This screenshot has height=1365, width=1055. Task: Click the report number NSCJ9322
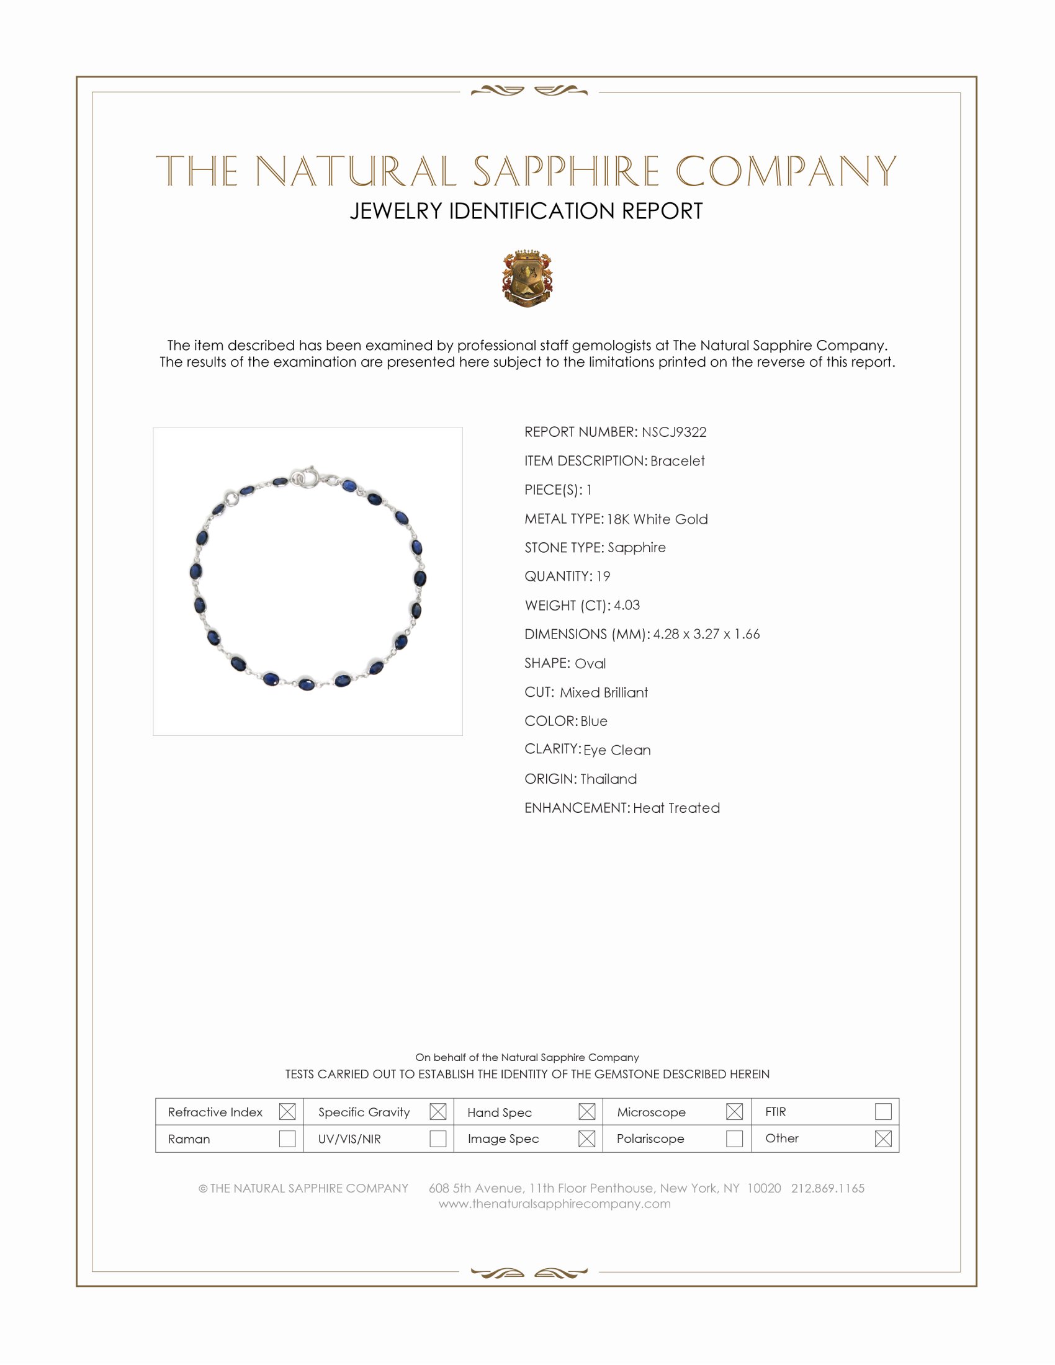pyautogui.click(x=674, y=432)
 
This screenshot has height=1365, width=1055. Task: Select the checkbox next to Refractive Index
pyautogui.click(x=287, y=1112)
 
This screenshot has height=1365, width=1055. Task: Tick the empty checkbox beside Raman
pyautogui.click(x=287, y=1139)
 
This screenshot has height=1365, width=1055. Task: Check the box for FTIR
pyautogui.click(x=882, y=1112)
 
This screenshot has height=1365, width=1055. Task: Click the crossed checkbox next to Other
pyautogui.click(x=882, y=1139)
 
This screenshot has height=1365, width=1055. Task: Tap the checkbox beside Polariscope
pyautogui.click(x=734, y=1139)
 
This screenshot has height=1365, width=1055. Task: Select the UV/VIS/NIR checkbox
pyautogui.click(x=438, y=1139)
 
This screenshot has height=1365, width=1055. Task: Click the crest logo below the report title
pyautogui.click(x=527, y=279)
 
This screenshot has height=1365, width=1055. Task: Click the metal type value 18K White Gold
pyautogui.click(x=657, y=519)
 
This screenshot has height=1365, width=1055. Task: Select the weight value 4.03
pyautogui.click(x=626, y=605)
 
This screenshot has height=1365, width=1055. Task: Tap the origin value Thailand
pyautogui.click(x=608, y=779)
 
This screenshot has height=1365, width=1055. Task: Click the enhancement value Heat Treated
pyautogui.click(x=676, y=807)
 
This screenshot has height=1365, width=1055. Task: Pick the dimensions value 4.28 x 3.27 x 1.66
pyautogui.click(x=706, y=633)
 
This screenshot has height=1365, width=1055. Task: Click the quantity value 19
pyautogui.click(x=603, y=576)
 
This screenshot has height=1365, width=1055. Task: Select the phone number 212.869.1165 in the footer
pyautogui.click(x=827, y=1188)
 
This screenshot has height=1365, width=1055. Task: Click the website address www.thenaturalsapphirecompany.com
pyautogui.click(x=554, y=1204)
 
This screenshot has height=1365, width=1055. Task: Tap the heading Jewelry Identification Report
pyautogui.click(x=526, y=211)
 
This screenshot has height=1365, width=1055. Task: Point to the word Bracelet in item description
pyautogui.click(x=678, y=460)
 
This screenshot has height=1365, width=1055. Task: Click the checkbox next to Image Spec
pyautogui.click(x=586, y=1139)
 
